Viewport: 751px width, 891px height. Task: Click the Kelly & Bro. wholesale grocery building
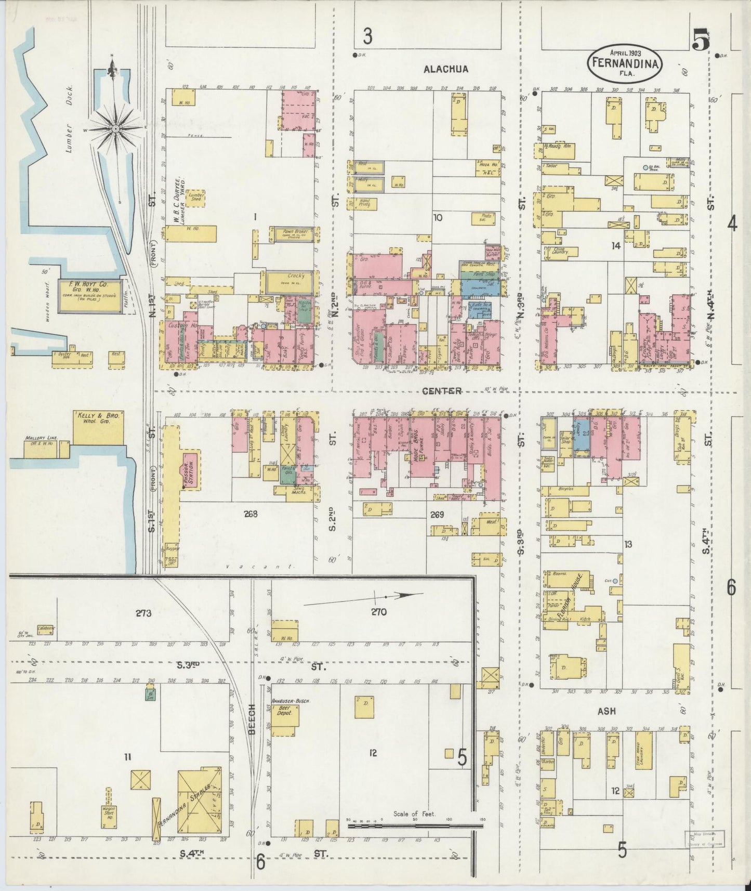tap(99, 428)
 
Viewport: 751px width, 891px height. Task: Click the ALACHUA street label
tap(445, 69)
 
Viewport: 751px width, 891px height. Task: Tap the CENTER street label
tap(442, 391)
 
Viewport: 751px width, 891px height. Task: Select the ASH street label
tap(606, 711)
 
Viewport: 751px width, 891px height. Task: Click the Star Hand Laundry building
tap(643, 754)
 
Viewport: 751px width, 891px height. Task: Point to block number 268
tap(251, 514)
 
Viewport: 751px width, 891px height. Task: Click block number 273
tap(143, 613)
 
